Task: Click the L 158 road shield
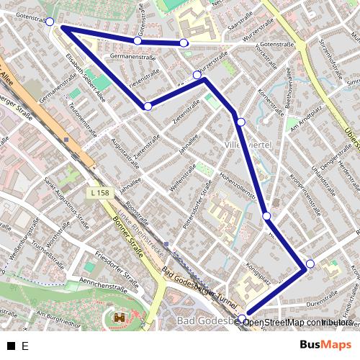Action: click(100, 193)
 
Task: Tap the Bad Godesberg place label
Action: click(205, 320)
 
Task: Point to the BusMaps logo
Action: click(326, 345)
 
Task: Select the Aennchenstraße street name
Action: click(108, 286)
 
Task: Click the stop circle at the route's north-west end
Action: click(50, 22)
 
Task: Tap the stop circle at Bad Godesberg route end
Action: click(242, 318)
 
